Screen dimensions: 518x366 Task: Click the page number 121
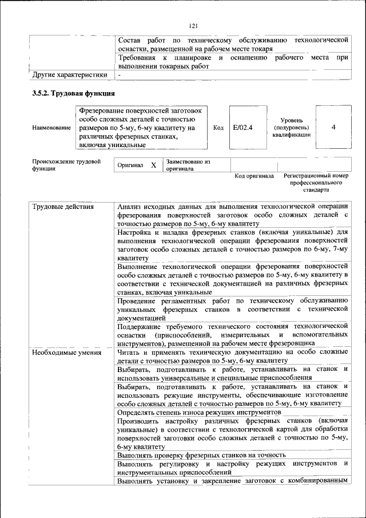tap(193, 26)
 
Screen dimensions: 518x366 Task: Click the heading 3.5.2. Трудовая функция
tap(74, 93)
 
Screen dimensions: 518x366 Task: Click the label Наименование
tap(51, 128)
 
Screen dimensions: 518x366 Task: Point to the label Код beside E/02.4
tap(218, 128)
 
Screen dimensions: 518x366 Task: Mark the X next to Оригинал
tap(153, 165)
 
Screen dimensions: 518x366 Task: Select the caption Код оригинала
tap(254, 176)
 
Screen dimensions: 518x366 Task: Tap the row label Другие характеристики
tap(70, 74)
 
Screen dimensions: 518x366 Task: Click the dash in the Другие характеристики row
tap(120, 74)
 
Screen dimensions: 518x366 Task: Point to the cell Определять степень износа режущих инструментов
tap(198, 412)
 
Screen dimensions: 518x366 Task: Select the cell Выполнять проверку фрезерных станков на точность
tap(202, 455)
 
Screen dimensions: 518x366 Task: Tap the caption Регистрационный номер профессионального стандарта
tap(316, 182)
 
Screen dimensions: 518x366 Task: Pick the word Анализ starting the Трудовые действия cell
tap(130, 207)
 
